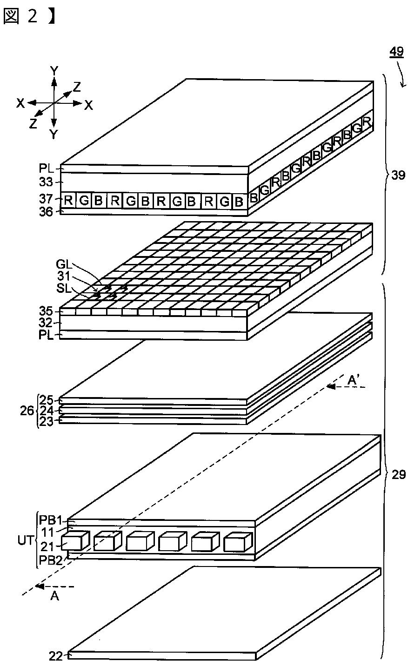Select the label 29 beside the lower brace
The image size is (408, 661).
398,474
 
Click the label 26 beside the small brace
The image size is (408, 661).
27,411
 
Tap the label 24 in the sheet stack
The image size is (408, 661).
47,411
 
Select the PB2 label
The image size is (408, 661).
52,558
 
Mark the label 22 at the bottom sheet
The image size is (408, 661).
55,655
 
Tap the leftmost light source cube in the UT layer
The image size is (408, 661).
74,543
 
